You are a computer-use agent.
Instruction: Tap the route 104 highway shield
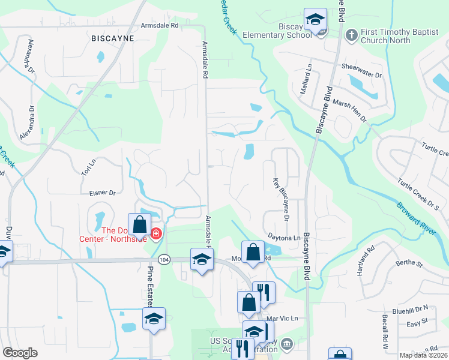163,259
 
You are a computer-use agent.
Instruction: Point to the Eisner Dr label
102,193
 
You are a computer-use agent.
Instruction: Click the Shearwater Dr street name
361,71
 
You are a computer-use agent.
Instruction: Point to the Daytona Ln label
283,238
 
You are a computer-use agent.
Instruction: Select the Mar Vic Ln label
282,318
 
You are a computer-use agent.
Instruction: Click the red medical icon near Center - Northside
156,233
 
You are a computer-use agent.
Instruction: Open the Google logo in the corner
20,353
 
